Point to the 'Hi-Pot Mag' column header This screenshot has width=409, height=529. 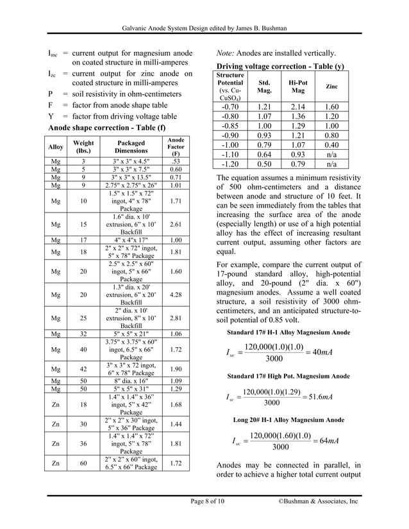(x=298, y=86)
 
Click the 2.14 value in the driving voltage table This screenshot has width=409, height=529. (x=298, y=107)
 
